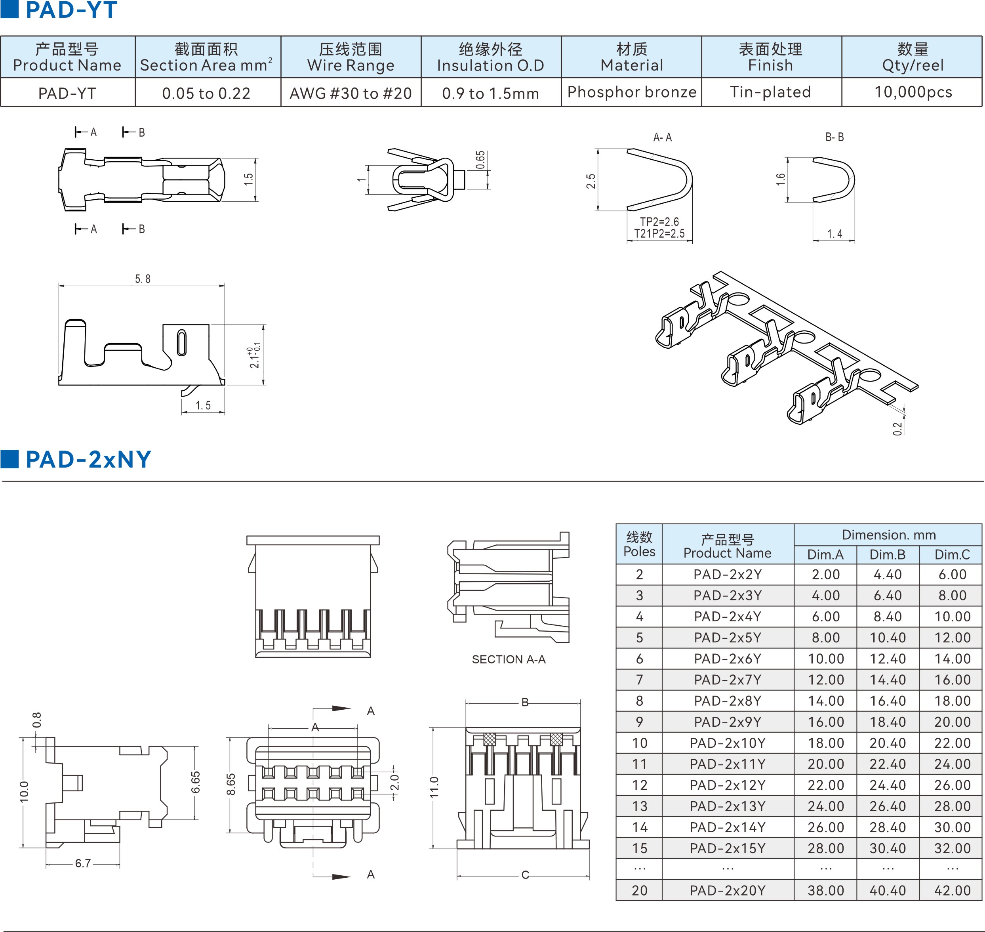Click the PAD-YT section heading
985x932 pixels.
71,10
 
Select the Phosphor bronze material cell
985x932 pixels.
631,92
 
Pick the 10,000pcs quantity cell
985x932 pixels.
913,92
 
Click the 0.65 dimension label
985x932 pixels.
480,160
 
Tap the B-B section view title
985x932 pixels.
834,137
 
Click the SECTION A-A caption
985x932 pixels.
509,659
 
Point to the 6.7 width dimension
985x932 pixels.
83,863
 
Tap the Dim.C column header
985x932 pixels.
952,554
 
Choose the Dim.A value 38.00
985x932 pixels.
825,890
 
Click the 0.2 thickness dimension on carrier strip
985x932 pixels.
897,428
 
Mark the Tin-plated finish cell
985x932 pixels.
770,92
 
